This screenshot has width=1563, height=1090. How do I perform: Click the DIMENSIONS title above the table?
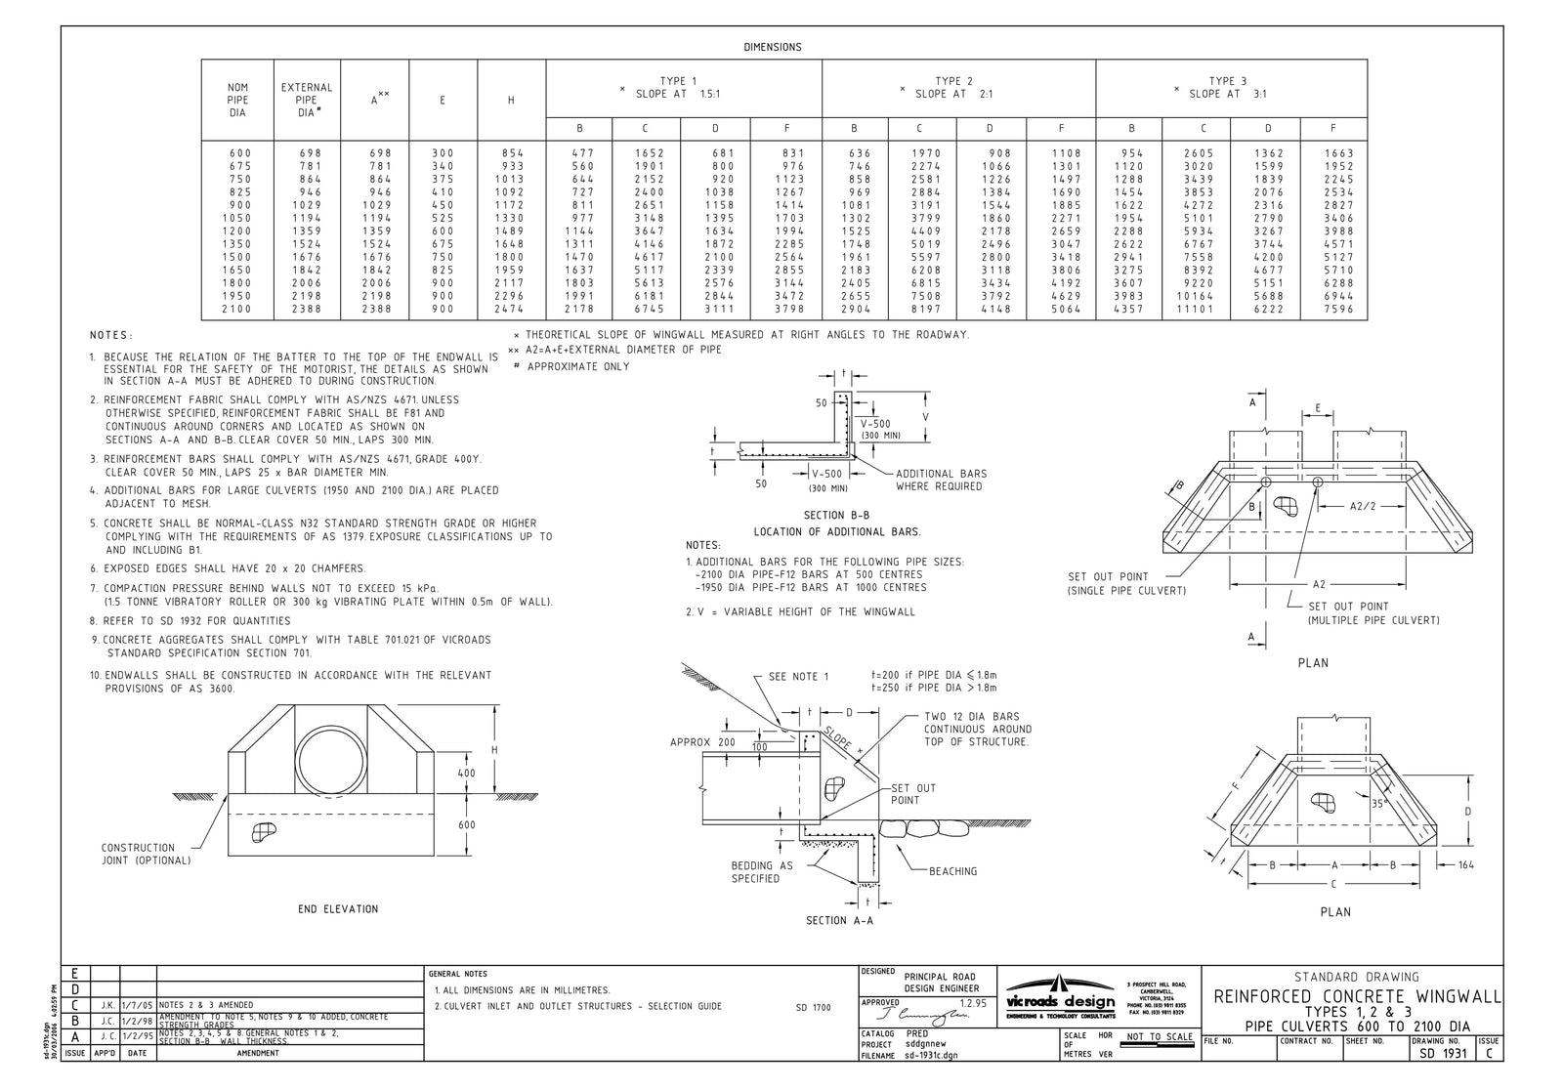772,47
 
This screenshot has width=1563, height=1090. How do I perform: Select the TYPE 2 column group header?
953,88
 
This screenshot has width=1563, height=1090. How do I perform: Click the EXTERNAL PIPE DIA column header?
306,100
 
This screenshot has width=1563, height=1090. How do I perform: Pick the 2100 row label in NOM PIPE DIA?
237,310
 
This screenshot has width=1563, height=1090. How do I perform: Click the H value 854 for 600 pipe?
512,153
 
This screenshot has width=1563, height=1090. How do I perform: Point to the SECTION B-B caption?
836,516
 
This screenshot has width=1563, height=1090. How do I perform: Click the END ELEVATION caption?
338,909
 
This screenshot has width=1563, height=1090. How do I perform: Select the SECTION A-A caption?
839,921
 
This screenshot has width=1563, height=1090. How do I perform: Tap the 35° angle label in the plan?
1378,804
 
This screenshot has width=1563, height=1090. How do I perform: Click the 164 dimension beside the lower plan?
1466,864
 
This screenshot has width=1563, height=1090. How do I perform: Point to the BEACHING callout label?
952,871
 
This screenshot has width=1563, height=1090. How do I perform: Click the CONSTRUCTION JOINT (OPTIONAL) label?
146,855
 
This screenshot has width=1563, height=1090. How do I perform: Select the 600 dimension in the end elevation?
467,825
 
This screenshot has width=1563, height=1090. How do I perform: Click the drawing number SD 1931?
1440,1054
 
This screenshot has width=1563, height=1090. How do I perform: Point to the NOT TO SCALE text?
1159,1037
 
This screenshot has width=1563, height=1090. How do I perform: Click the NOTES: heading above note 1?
111,335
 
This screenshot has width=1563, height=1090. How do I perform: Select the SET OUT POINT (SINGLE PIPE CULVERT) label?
1126,584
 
